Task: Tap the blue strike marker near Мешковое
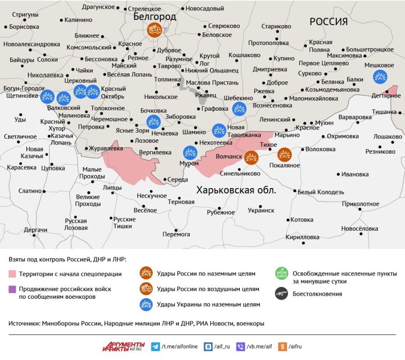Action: pos(380,76)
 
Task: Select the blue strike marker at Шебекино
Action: pos(239,108)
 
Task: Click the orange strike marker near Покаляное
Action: pos(284,155)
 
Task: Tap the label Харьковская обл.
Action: pos(236,190)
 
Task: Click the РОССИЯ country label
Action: pos(328,22)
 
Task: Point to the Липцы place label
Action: pos(112,188)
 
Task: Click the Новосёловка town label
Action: pos(359,229)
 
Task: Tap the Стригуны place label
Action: pos(25,15)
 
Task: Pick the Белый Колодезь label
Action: pos(320,192)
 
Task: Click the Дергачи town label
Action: pos(36,230)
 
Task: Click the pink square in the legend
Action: pos(12,274)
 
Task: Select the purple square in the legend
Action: pos(12,289)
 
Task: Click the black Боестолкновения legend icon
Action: pos(282,294)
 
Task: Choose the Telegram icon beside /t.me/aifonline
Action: pos(155,346)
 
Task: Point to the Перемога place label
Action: pos(176,234)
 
